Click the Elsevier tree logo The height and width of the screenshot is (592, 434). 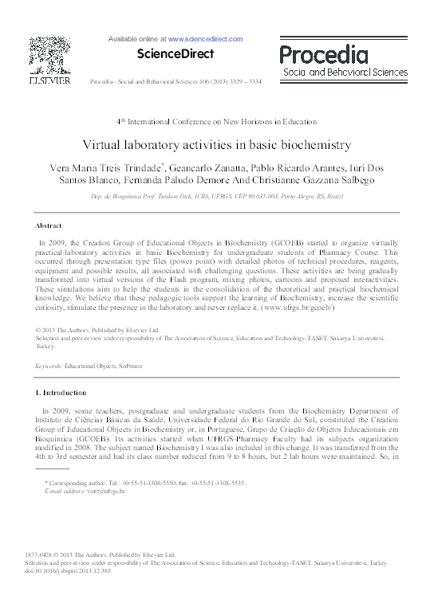tap(49, 54)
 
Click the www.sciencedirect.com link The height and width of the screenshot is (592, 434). tap(206, 37)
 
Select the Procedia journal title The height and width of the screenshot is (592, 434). tap(323, 55)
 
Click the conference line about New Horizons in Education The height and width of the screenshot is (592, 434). tap(217, 122)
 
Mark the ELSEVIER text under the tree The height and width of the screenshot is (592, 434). tap(49, 80)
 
